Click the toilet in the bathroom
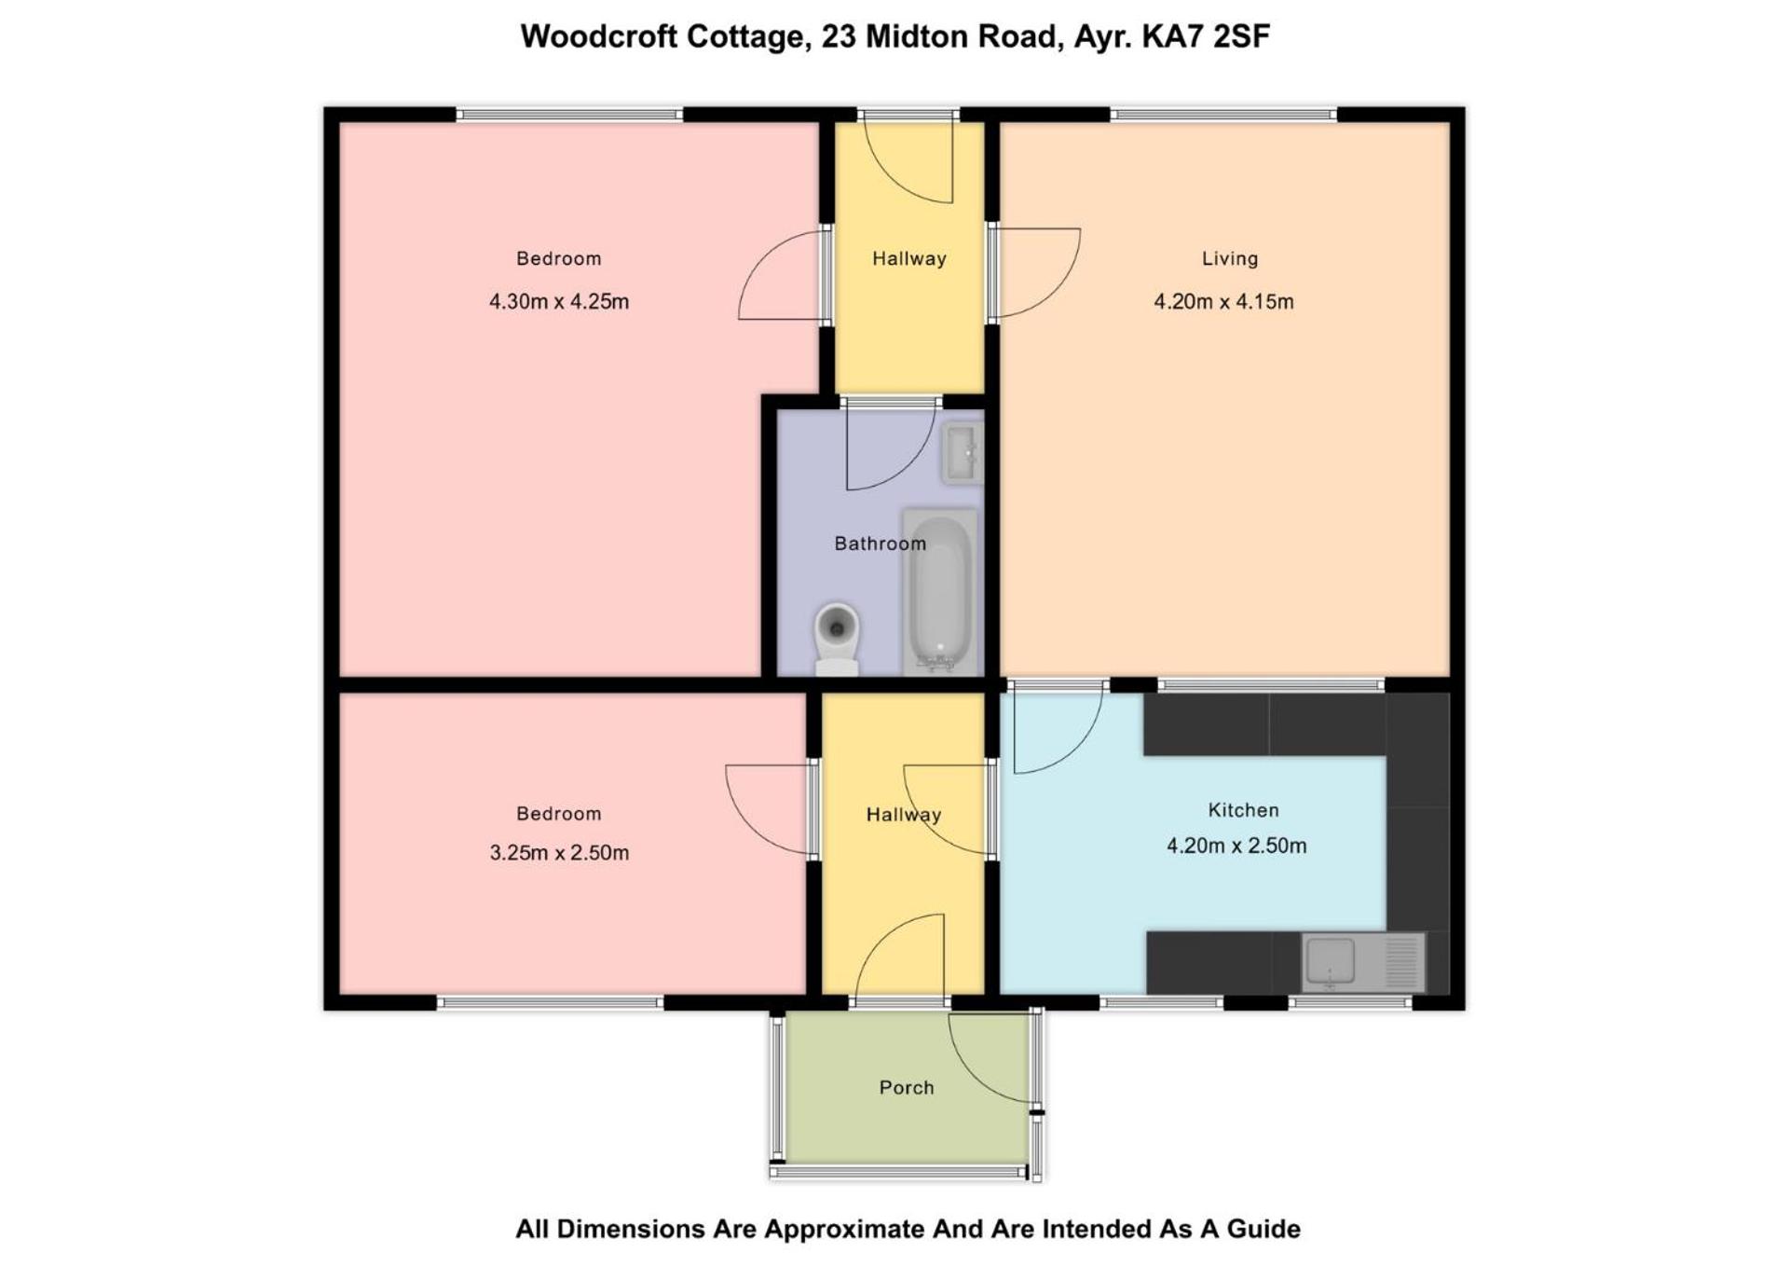(x=837, y=639)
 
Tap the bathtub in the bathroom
(x=940, y=591)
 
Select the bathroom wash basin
(x=962, y=453)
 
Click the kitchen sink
(x=1363, y=962)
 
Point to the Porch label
(x=907, y=1087)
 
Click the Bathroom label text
(x=881, y=544)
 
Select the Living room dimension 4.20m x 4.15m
(x=1223, y=301)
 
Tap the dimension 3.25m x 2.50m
(x=559, y=852)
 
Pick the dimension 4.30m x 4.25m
(x=559, y=301)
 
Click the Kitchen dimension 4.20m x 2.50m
(x=1236, y=846)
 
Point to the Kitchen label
(x=1243, y=810)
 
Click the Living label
(x=1230, y=258)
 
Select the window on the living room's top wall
(x=1223, y=115)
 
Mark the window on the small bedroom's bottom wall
(x=550, y=1003)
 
